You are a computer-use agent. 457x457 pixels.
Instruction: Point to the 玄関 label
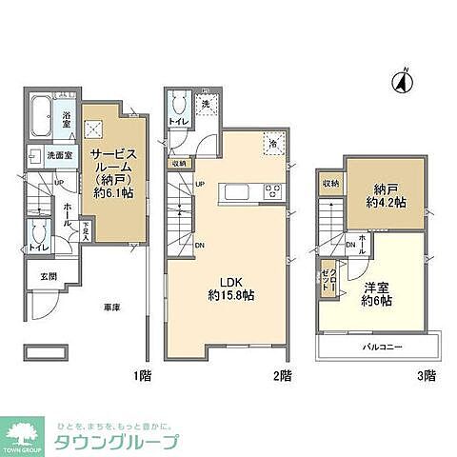[47, 276]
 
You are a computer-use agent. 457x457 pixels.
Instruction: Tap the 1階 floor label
[139, 376]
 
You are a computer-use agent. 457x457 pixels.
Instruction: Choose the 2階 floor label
[282, 376]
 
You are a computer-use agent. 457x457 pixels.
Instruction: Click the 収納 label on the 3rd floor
[330, 182]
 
